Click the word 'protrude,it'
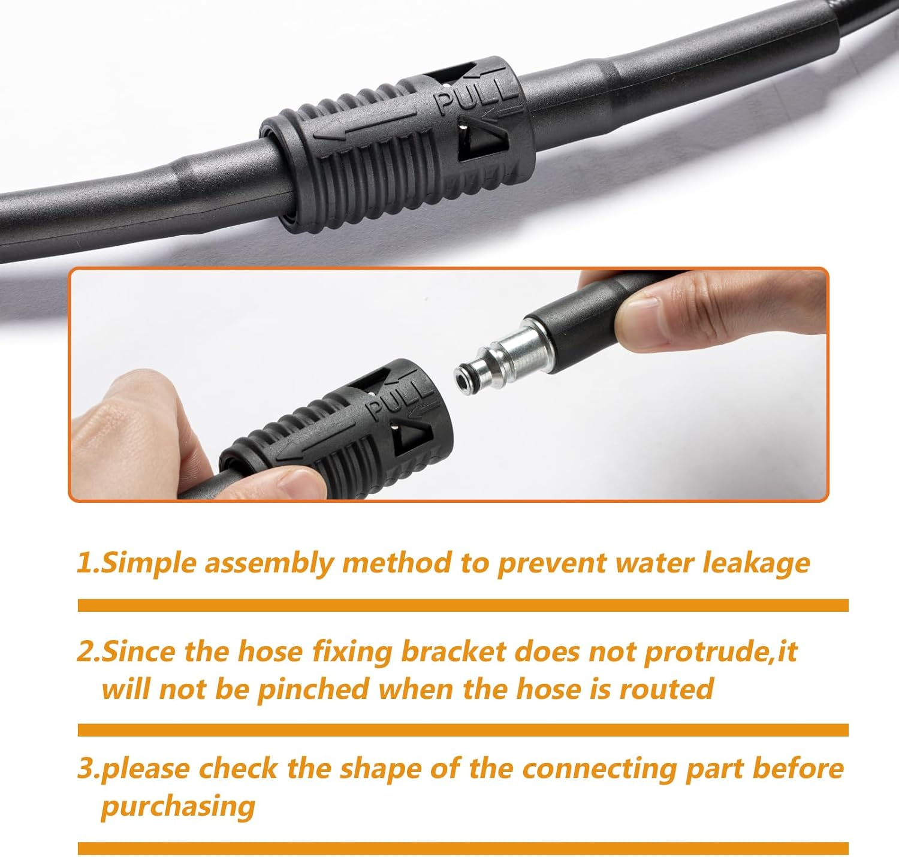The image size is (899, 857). pyautogui.click(x=720, y=651)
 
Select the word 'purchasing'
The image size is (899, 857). pyautogui.click(x=178, y=806)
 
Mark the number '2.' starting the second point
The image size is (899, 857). pyautogui.click(x=88, y=651)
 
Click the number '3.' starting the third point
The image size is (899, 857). pyautogui.click(x=88, y=769)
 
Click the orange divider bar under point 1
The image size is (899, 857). pyautogui.click(x=463, y=605)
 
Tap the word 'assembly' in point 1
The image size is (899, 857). pyautogui.click(x=269, y=563)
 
